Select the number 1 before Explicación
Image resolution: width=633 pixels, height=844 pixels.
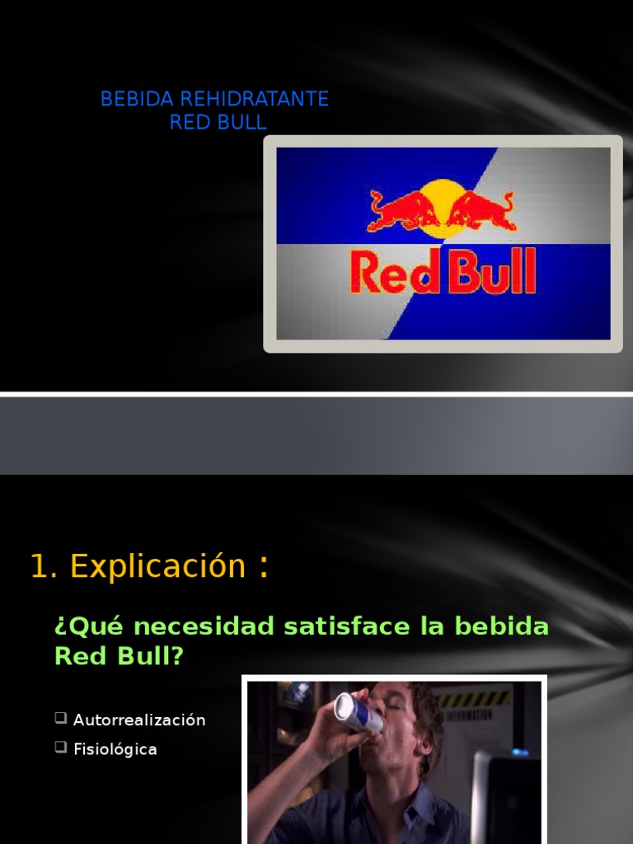click(37, 567)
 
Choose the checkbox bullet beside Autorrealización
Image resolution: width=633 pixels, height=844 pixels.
click(61, 718)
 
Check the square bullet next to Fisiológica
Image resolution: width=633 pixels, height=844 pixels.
click(61, 748)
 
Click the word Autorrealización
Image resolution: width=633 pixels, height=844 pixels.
click(139, 720)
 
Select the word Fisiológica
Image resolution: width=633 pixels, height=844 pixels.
click(115, 749)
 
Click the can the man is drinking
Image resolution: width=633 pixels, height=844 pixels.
click(358, 713)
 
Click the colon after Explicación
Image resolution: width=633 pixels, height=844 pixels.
click(263, 567)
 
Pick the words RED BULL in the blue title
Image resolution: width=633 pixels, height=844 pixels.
click(218, 123)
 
